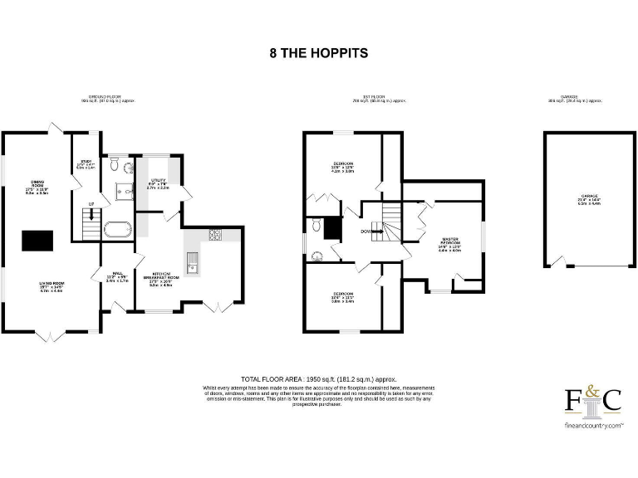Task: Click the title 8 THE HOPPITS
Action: click(318, 53)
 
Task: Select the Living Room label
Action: click(51, 286)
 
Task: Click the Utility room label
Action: click(158, 185)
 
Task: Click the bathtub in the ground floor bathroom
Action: click(116, 228)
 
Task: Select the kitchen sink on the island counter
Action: click(192, 266)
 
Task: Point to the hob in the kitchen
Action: click(213, 235)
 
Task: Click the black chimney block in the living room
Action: click(37, 240)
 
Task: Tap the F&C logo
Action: click(593, 400)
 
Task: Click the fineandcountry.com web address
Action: click(593, 425)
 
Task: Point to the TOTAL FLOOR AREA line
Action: click(318, 377)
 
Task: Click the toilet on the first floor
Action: click(316, 224)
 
